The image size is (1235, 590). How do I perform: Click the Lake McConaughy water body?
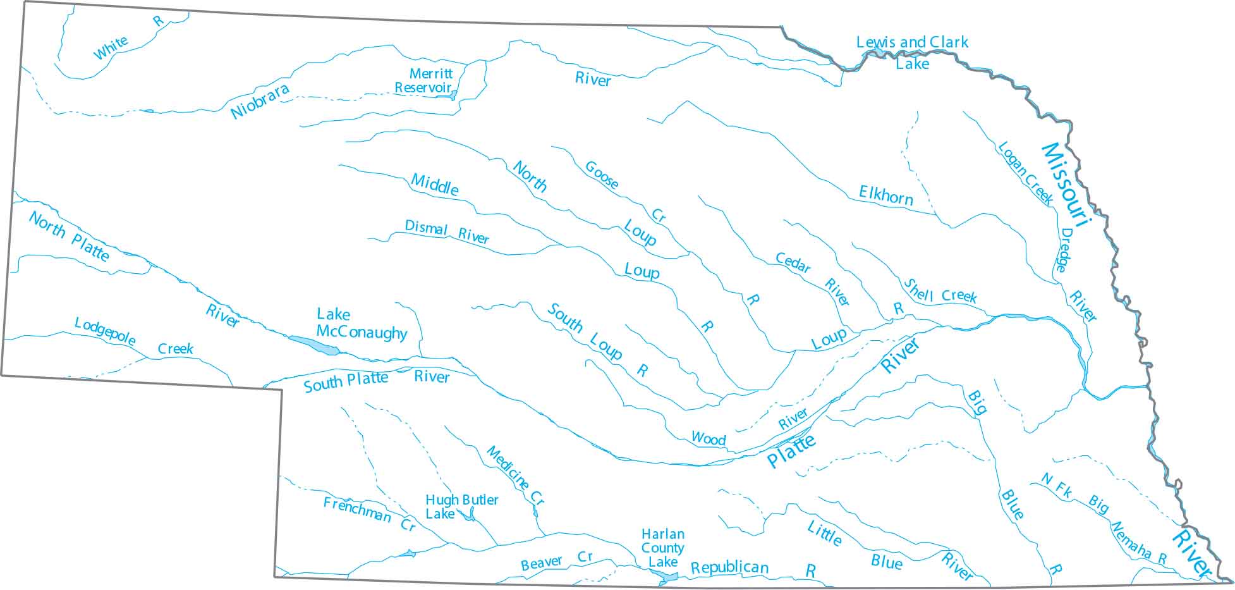[314, 345]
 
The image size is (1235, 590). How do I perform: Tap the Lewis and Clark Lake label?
[911, 52]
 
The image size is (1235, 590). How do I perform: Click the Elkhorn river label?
[885, 195]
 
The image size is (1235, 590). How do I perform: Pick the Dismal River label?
[446, 232]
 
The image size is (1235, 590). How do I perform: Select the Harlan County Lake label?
[662, 548]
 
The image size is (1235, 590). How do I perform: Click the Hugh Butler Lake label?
[461, 507]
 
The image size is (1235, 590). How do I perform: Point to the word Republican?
[729, 567]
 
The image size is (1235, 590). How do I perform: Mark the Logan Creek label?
[1025, 173]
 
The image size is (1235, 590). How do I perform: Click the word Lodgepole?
[105, 331]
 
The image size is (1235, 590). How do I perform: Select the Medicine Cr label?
[514, 474]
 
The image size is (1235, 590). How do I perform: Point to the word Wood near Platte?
[708, 438]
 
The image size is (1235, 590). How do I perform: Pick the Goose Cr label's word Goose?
[601, 175]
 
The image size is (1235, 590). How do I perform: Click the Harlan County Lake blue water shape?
[667, 577]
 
